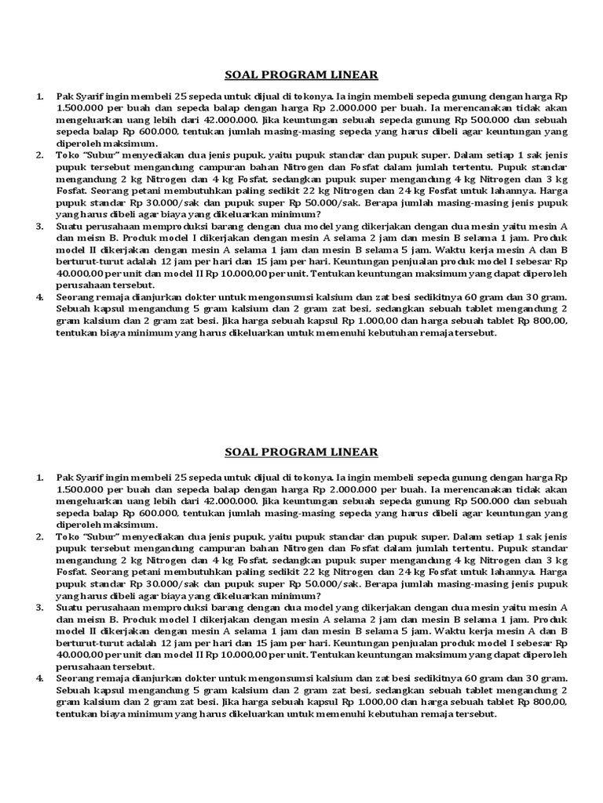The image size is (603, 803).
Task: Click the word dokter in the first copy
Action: [203, 297]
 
